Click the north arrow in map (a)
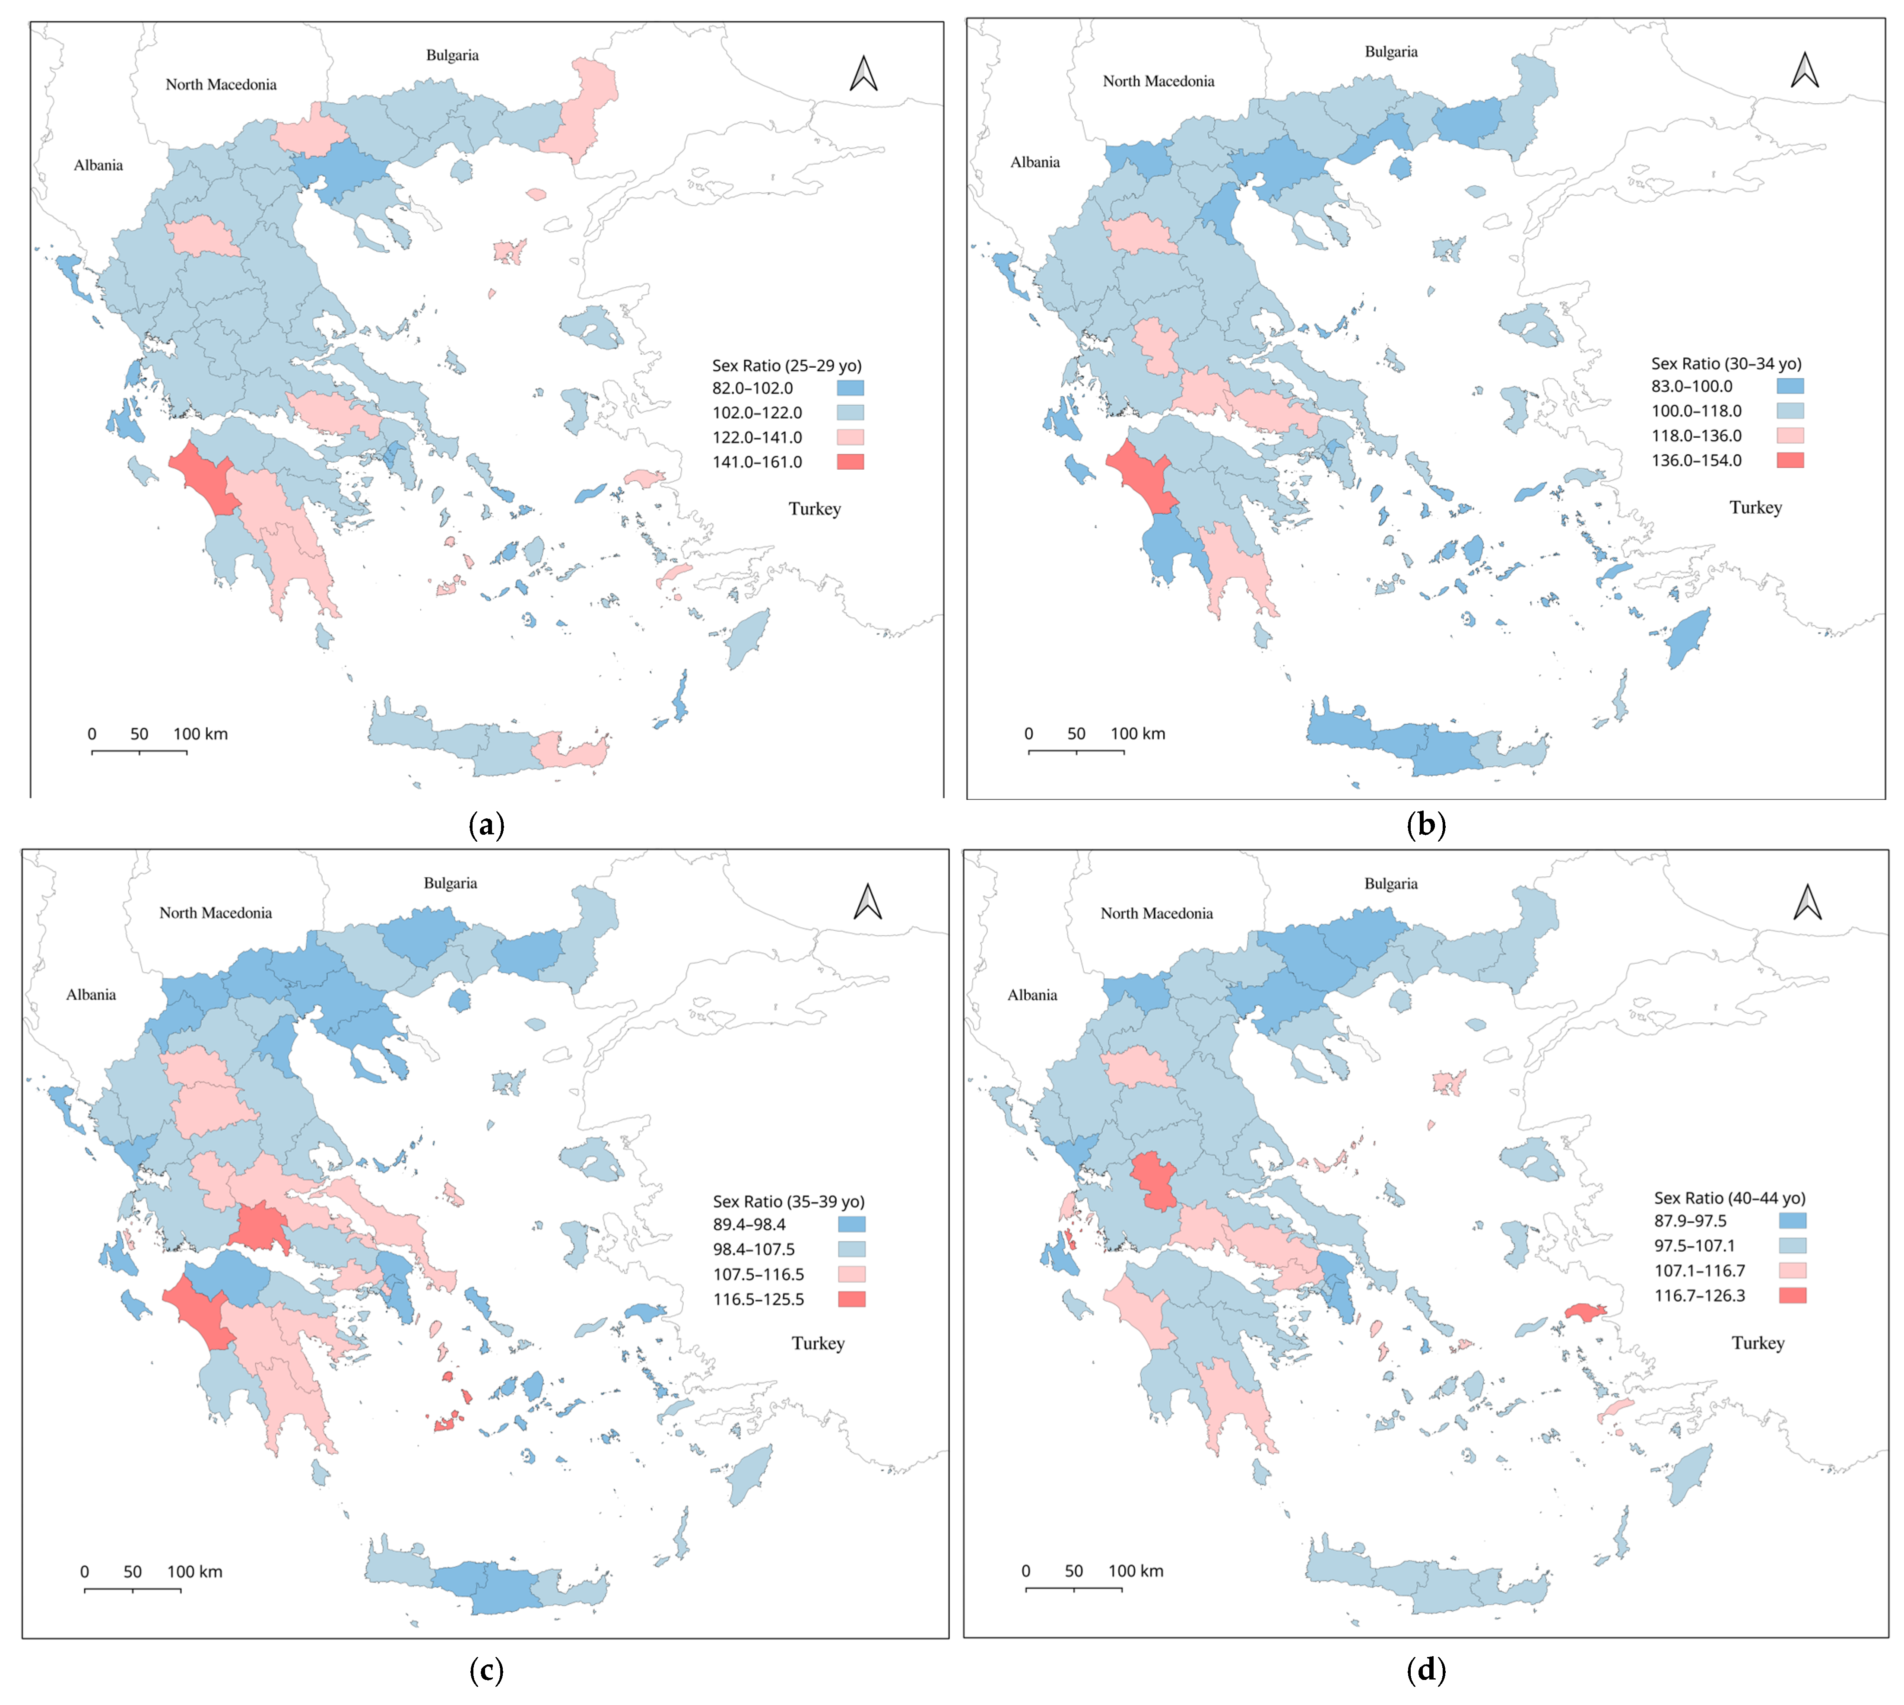coord(863,74)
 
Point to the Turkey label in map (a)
coord(814,509)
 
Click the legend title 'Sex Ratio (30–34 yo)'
coord(1725,363)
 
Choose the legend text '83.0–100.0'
coord(1691,386)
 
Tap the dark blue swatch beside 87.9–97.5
coord(1792,1221)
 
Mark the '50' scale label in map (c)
coord(132,1572)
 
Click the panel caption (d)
coord(1425,1670)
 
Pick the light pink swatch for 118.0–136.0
coord(1790,436)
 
